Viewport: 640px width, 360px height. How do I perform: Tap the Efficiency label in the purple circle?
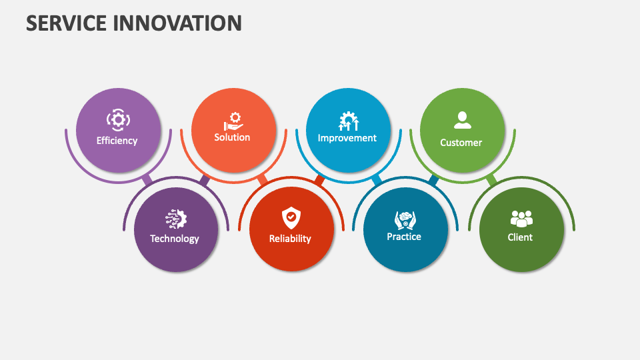point(117,141)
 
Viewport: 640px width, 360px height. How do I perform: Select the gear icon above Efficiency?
point(118,120)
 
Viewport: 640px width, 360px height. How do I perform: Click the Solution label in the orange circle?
point(232,137)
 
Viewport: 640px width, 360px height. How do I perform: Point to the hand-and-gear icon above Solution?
point(233,121)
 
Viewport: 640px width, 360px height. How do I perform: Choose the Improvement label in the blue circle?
point(347,138)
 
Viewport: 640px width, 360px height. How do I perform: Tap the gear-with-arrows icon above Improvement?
point(348,121)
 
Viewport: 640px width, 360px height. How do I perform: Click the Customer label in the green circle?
point(461,143)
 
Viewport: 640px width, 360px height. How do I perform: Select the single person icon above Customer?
point(462,120)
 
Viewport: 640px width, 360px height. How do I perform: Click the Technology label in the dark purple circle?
point(175,239)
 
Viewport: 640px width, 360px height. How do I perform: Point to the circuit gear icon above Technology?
point(177,219)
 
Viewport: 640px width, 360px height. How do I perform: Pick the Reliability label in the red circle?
point(290,239)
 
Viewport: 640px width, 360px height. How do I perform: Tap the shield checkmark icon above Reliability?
point(291,217)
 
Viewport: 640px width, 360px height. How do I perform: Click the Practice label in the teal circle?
point(404,237)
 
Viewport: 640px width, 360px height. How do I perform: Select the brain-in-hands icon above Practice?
point(405,219)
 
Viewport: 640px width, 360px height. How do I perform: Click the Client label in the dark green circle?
point(520,237)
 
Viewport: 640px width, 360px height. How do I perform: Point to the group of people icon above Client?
point(521,218)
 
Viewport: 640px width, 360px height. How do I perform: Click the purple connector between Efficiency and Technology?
point(147,180)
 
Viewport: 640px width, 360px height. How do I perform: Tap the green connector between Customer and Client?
point(491,180)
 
